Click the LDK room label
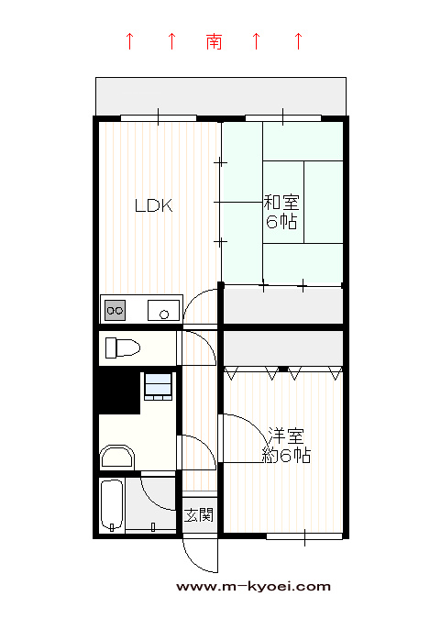[x=154, y=205]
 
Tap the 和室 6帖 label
[x=281, y=212]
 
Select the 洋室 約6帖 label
[x=286, y=446]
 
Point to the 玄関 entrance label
[x=199, y=514]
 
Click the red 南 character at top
[x=215, y=41]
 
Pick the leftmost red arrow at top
[x=129, y=41]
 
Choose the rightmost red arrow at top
[x=298, y=41]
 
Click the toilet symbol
[x=122, y=348]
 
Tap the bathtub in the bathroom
[x=112, y=505]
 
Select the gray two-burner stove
[x=115, y=310]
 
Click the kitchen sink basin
[x=163, y=310]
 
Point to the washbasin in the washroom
[x=116, y=457]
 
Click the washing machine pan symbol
[x=159, y=387]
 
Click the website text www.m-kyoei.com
[x=253, y=587]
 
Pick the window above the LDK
[x=159, y=118]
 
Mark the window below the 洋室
[x=304, y=536]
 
